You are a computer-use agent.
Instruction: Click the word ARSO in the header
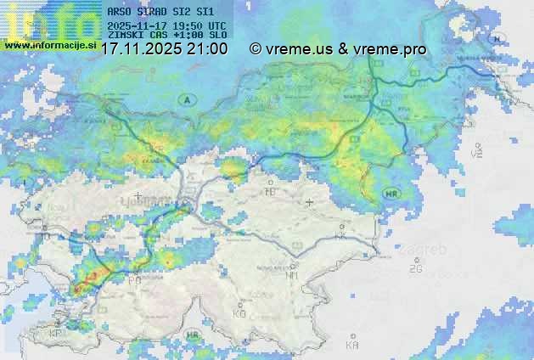[120, 13]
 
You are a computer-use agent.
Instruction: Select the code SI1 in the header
[205, 13]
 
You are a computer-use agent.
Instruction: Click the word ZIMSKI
[126, 36]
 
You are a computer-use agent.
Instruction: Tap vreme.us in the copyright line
[299, 49]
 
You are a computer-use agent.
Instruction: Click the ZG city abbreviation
[415, 269]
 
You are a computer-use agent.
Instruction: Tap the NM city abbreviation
[292, 275]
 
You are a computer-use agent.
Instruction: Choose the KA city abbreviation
[352, 346]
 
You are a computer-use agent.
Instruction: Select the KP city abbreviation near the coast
[55, 334]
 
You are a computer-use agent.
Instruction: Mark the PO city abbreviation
[134, 279]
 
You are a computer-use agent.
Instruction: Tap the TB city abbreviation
[271, 192]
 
